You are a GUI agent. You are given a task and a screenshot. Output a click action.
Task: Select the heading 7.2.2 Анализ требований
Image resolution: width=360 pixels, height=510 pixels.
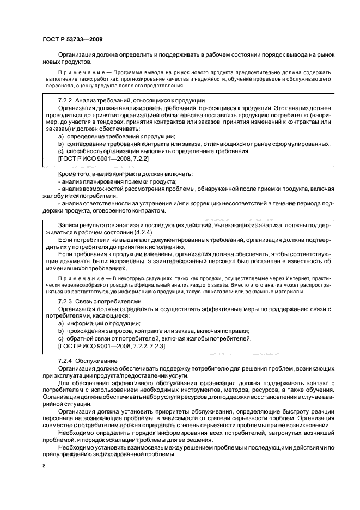131,100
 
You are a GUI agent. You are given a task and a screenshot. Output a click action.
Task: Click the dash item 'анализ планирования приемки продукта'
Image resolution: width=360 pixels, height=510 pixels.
117,181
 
